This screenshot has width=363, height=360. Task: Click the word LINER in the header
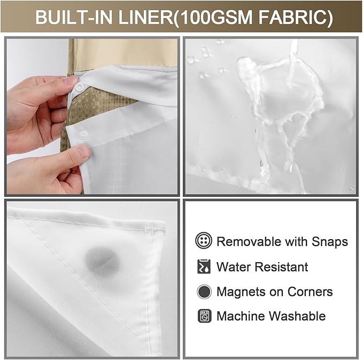pos(154,18)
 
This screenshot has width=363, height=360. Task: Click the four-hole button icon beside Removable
pos(204,241)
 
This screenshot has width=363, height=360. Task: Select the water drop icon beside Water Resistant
pos(203,266)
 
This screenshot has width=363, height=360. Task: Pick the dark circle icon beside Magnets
pos(204,292)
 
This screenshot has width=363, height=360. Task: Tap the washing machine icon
pos(204,316)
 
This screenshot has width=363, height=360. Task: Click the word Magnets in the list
pos(240,292)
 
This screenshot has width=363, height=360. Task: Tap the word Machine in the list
pos(241,316)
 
